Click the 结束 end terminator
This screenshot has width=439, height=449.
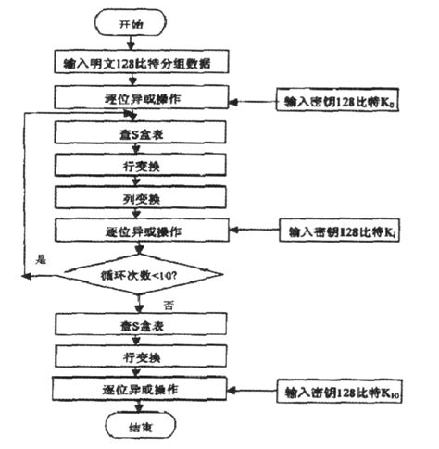[x=137, y=427]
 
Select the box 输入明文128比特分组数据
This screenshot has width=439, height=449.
[x=137, y=64]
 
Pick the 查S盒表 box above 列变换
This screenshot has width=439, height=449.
[x=137, y=134]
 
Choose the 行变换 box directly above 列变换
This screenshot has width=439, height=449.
[x=137, y=166]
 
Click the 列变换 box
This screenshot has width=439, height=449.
[x=137, y=197]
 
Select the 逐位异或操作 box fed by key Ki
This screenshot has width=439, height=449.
[x=137, y=229]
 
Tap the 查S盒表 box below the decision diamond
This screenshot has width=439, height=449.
[x=137, y=324]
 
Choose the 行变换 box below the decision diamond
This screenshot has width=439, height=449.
[x=137, y=355]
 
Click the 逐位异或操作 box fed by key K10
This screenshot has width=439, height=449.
[x=137, y=387]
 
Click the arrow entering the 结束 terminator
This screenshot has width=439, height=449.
[x=137, y=407]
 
